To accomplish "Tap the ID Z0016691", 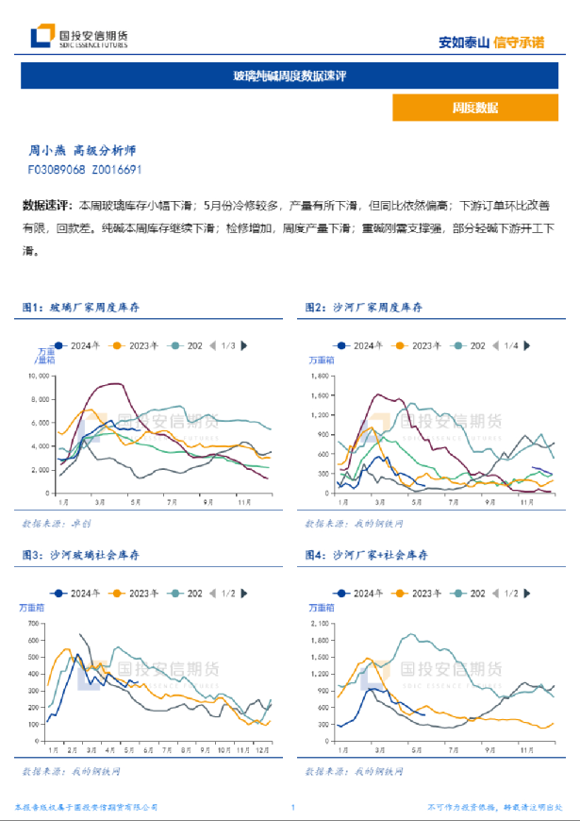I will (x=116, y=170).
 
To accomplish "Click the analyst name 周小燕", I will (x=44, y=150).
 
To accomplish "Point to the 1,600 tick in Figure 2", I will (x=321, y=375).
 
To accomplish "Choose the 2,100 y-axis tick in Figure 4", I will (x=321, y=624).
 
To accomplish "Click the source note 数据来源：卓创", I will (x=56, y=522).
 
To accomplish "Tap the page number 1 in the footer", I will (x=293, y=808).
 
